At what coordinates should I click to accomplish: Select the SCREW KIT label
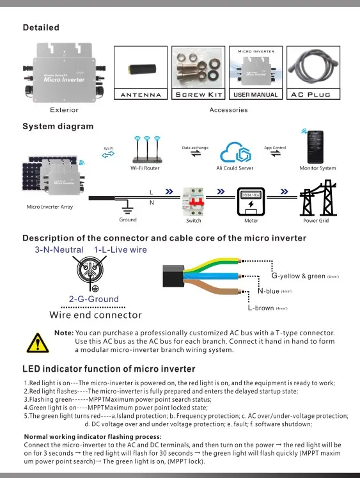tap(196, 95)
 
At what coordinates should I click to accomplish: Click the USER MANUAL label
tap(256, 95)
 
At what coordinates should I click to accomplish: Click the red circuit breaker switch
tap(193, 201)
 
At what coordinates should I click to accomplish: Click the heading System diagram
tap(58, 126)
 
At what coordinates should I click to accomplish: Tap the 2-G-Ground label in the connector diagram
tap(93, 299)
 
